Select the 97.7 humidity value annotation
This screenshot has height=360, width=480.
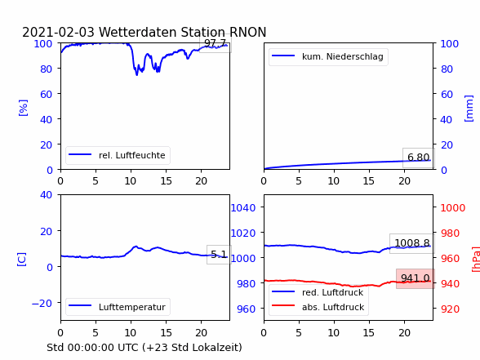pyautogui.click(x=216, y=43)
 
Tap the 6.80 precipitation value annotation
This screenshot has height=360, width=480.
pyautogui.click(x=419, y=158)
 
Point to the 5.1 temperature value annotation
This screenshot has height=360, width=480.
pyautogui.click(x=219, y=255)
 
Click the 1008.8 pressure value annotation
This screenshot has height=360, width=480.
pyautogui.click(x=412, y=243)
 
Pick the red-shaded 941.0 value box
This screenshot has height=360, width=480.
pyautogui.click(x=416, y=278)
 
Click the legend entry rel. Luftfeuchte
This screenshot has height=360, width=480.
pyautogui.click(x=118, y=155)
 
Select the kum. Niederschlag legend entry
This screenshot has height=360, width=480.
pyautogui.click(x=328, y=56)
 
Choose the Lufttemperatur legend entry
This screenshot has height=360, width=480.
pyautogui.click(x=118, y=307)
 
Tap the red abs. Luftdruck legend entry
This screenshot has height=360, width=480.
pyautogui.click(x=318, y=307)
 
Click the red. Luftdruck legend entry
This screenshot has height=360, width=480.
pyautogui.click(x=318, y=292)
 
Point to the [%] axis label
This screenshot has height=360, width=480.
pyautogui.click(x=23, y=108)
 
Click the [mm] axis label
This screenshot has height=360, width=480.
pyautogui.click(x=469, y=109)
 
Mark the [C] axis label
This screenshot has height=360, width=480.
pyautogui.click(x=22, y=260)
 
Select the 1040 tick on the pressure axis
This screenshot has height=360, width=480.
pyautogui.click(x=243, y=208)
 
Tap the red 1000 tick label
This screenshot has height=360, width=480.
pyautogui.click(x=453, y=208)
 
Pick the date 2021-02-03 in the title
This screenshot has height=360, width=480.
pyautogui.click(x=58, y=32)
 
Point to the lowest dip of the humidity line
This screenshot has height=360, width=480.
pyautogui.click(x=136, y=75)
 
